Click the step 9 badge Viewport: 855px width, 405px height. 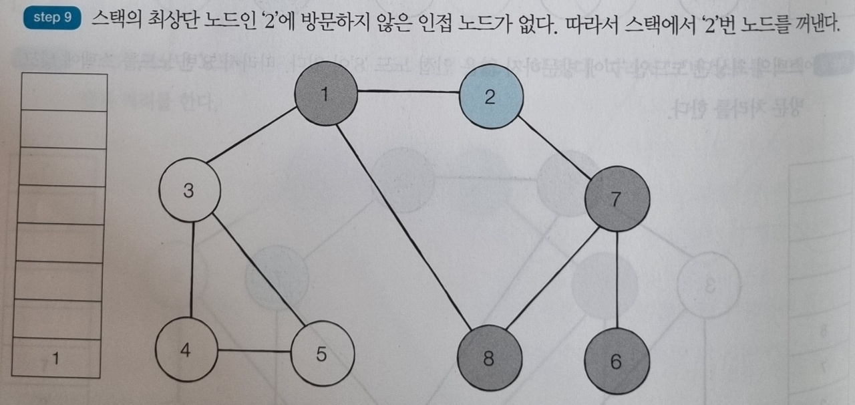[x=51, y=18]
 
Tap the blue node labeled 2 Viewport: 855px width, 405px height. [x=491, y=98]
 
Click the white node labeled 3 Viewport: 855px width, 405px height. [x=190, y=192]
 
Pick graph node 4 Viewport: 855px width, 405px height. [x=186, y=350]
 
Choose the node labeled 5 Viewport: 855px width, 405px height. [x=322, y=354]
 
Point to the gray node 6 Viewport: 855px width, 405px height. [x=616, y=362]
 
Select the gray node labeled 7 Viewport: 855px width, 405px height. [x=617, y=198]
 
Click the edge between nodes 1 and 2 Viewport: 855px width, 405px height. [x=407, y=92]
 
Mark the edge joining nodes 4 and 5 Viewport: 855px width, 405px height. [x=254, y=350]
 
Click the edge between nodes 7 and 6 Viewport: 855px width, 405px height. [x=617, y=281]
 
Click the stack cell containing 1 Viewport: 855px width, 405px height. [x=56, y=359]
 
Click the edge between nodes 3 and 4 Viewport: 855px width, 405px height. [x=192, y=269]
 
